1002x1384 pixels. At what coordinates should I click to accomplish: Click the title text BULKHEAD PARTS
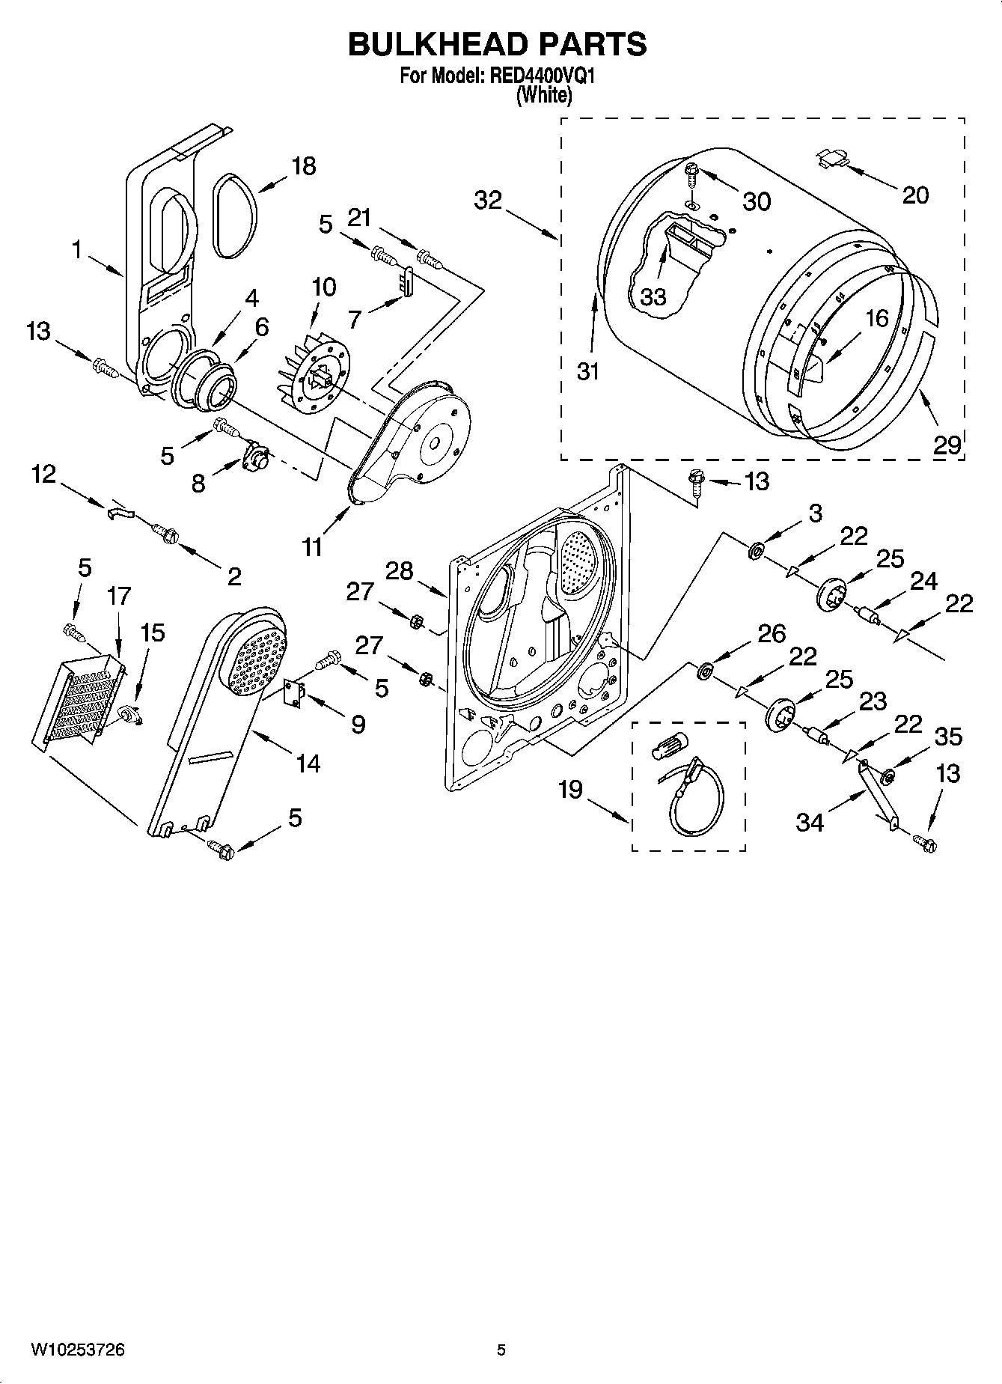497,44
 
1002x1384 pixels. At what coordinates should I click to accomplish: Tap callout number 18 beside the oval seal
303,166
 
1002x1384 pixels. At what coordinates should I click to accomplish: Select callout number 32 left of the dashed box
488,201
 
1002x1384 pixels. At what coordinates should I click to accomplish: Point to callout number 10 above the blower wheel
323,287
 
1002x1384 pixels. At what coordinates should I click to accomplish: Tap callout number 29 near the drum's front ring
947,445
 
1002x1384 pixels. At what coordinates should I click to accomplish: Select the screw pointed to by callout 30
691,174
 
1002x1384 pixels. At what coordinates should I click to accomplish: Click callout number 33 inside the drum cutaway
653,297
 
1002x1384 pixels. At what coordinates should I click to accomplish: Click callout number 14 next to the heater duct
308,763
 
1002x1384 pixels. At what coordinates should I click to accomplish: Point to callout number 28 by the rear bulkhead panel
399,571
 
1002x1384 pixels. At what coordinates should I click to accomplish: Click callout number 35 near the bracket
948,737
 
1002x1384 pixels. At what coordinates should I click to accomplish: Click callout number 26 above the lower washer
772,634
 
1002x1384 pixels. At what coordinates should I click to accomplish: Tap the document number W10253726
78,1350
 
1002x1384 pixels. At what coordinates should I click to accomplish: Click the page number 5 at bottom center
501,1350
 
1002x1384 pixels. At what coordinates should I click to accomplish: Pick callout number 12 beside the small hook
44,474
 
